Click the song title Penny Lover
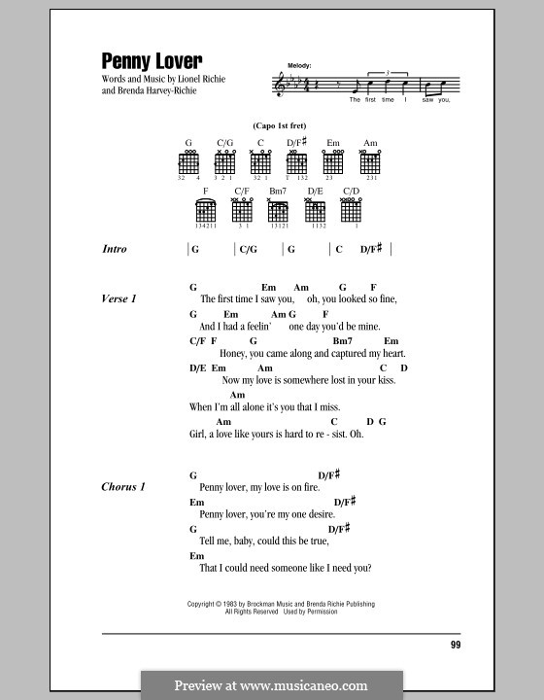click(x=151, y=59)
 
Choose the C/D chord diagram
click(x=350, y=211)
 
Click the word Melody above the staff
click(x=298, y=65)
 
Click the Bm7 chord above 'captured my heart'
click(x=341, y=341)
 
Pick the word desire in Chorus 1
click(x=320, y=513)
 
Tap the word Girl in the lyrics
click(x=200, y=434)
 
